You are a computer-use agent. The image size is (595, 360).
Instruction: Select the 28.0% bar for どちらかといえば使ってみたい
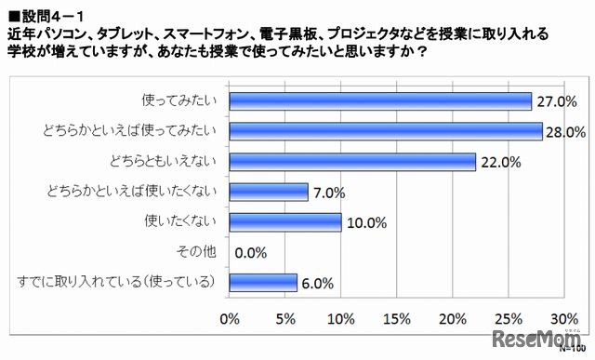(x=385, y=131)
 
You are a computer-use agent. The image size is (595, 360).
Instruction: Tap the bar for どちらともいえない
(x=351, y=162)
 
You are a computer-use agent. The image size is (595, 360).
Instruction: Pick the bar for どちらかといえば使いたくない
(x=268, y=193)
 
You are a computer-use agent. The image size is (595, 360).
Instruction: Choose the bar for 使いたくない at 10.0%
(x=284, y=222)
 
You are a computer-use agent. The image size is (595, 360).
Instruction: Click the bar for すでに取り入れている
(x=262, y=283)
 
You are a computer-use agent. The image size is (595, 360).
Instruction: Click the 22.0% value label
(x=499, y=162)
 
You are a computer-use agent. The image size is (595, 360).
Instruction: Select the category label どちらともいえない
(x=174, y=162)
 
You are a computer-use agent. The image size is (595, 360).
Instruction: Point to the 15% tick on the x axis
(x=397, y=319)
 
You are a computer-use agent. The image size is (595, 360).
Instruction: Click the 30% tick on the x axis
(x=564, y=319)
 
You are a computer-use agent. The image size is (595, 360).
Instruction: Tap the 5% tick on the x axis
(x=285, y=319)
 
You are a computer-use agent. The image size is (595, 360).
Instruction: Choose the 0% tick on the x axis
(x=230, y=319)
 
